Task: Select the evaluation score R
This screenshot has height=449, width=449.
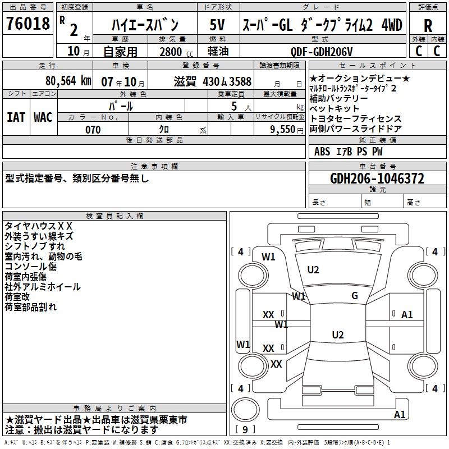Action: [x=428, y=26]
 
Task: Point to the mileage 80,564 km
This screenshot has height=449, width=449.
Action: [x=68, y=81]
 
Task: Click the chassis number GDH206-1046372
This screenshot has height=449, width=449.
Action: [x=377, y=178]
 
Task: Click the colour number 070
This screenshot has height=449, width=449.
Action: [x=93, y=130]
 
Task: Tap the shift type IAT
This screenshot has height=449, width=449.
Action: [x=16, y=117]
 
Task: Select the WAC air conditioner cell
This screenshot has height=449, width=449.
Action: [x=43, y=117]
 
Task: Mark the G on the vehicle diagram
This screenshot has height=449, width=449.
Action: [x=355, y=296]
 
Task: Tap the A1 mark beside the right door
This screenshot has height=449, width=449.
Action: [x=407, y=315]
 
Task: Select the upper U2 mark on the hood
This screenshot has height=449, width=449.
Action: [x=313, y=270]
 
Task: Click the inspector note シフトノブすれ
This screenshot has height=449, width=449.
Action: [x=35, y=246]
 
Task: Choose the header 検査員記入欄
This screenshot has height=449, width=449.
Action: [x=114, y=216]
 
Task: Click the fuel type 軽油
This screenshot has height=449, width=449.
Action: [x=217, y=51]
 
